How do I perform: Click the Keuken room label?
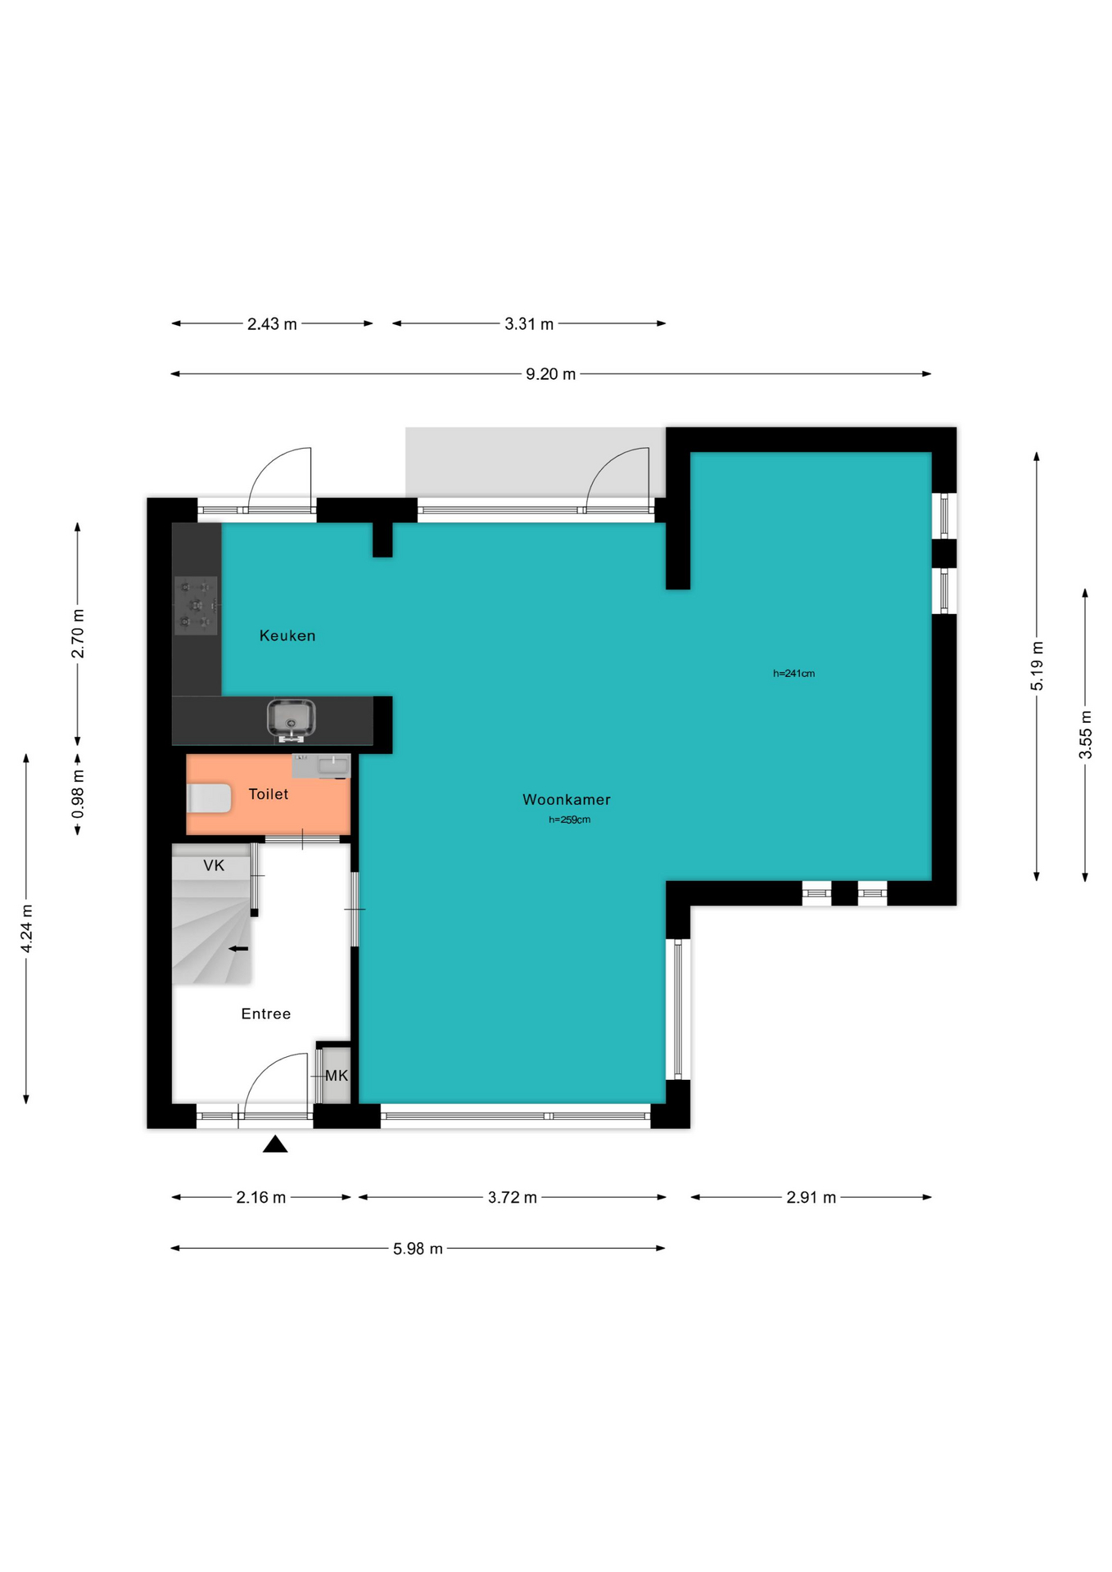point(287,635)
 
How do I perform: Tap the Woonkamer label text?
point(567,800)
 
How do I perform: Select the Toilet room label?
point(269,794)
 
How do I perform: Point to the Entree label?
point(266,1014)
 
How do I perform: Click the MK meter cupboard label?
point(337,1076)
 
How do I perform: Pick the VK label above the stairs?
point(214,865)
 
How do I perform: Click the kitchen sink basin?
point(291,720)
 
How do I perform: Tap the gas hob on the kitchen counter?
point(197,606)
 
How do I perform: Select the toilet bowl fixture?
point(209,798)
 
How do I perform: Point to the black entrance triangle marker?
point(275,1144)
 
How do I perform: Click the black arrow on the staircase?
point(238,949)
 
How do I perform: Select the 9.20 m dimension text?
point(551,374)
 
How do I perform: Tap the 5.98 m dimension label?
point(418,1249)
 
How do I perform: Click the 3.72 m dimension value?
point(513,1198)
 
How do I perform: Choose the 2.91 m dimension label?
point(811,1198)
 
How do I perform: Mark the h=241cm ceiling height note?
point(794,674)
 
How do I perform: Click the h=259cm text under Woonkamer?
point(570,820)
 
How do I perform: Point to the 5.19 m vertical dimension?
point(1037,666)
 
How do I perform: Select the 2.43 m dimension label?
point(273,324)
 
